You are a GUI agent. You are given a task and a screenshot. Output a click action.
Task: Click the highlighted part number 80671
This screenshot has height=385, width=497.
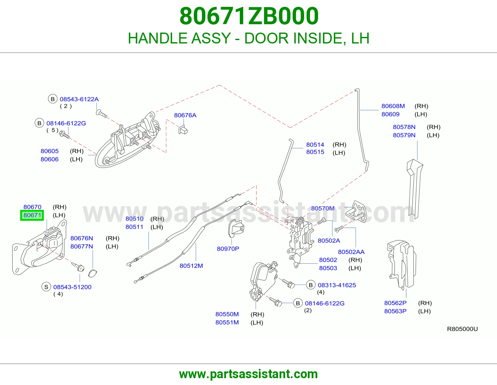pos(32,215)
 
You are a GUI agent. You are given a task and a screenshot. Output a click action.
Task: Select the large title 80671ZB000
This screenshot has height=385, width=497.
pos(249,16)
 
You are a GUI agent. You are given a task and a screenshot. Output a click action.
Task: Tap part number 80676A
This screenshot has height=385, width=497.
pos(185,115)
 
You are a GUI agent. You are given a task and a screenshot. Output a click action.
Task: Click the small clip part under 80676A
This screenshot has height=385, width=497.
pos(183,130)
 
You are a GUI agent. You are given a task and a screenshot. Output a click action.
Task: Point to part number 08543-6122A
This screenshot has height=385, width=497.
pos(79,99)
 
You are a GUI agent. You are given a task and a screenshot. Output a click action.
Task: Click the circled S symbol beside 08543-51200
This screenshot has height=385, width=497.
pos(46,287)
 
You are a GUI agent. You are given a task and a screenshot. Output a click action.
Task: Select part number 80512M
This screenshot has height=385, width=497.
pos(191,266)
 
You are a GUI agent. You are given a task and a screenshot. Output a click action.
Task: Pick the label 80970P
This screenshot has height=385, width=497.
pos(228,249)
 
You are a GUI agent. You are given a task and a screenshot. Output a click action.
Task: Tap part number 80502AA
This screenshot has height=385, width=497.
pos(351,252)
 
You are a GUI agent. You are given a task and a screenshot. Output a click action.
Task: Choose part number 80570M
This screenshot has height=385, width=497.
pos(323,208)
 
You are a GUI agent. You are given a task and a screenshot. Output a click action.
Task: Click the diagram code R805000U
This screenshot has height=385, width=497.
pos(462,329)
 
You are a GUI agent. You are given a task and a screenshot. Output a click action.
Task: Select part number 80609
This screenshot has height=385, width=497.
pos(390,114)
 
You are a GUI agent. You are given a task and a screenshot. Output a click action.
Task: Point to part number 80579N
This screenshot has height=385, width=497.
pos(404,135)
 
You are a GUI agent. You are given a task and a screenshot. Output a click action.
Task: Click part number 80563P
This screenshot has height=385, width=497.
pos(395,311)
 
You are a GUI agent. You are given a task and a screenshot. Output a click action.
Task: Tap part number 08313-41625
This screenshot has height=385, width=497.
pos(337,285)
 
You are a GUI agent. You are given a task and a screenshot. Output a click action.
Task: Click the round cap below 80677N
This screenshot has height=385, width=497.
pos(92,274)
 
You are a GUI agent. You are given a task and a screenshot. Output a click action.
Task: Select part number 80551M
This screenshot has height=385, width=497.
pos(227,322)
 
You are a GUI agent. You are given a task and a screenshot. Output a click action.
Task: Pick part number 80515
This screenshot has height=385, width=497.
pos(315,152)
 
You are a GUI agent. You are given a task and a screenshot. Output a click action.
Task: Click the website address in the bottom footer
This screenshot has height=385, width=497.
pos(248,374)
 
